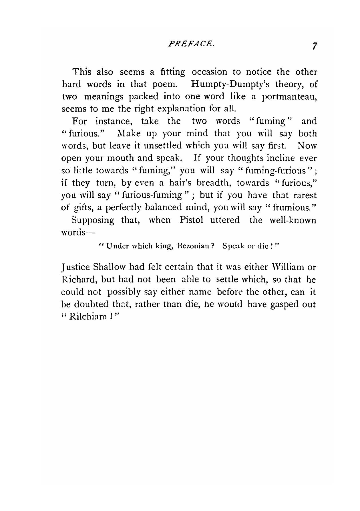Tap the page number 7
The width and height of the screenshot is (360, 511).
pyautogui.click(x=315, y=46)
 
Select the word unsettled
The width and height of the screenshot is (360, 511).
pyautogui.click(x=163, y=146)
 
